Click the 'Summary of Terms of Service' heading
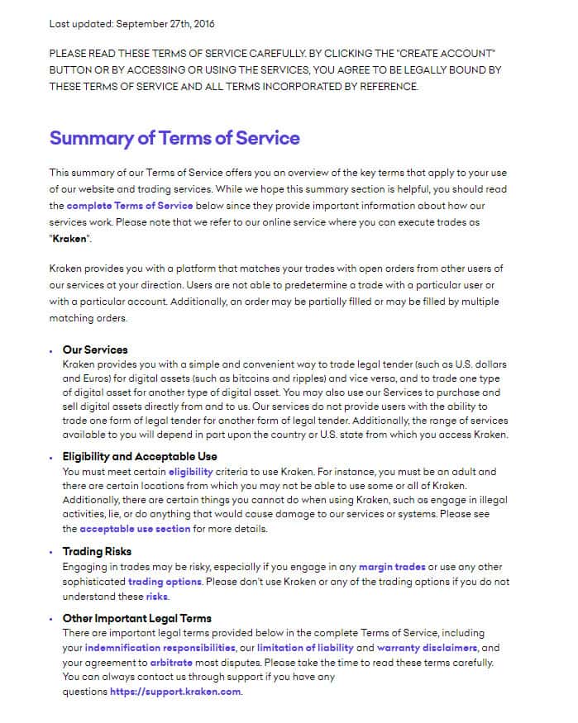click(174, 138)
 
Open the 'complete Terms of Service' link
click(130, 206)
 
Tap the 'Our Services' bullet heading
click(95, 350)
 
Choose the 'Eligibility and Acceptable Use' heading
click(140, 456)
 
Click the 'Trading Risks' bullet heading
click(97, 551)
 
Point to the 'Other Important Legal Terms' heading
click(136, 618)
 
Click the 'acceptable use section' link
click(135, 529)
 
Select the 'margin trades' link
click(392, 567)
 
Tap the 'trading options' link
click(165, 582)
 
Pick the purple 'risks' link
click(156, 597)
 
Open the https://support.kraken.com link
click(175, 692)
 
